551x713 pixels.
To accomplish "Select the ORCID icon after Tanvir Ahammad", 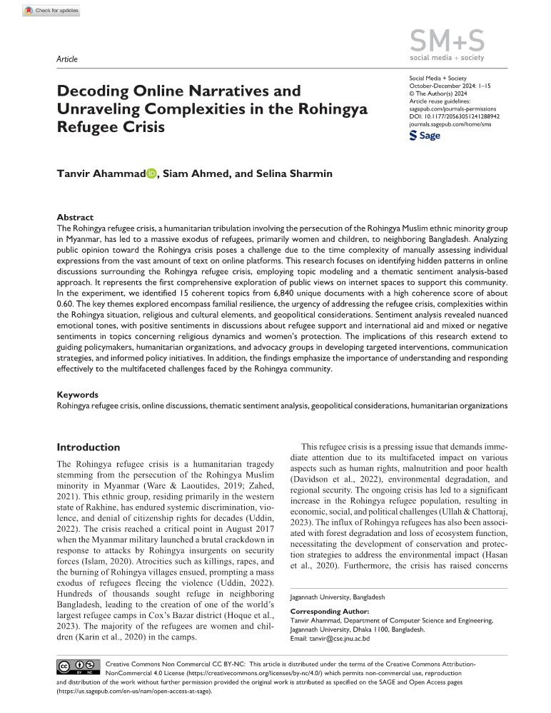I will pyautogui.click(x=152, y=173).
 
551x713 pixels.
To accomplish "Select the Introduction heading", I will pyautogui.click(x=88, y=447).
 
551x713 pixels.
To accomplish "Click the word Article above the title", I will pyautogui.click(x=66, y=59).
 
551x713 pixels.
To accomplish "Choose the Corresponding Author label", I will pyautogui.click(x=330, y=612).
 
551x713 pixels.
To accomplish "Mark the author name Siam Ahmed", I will pyautogui.click(x=195, y=173).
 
